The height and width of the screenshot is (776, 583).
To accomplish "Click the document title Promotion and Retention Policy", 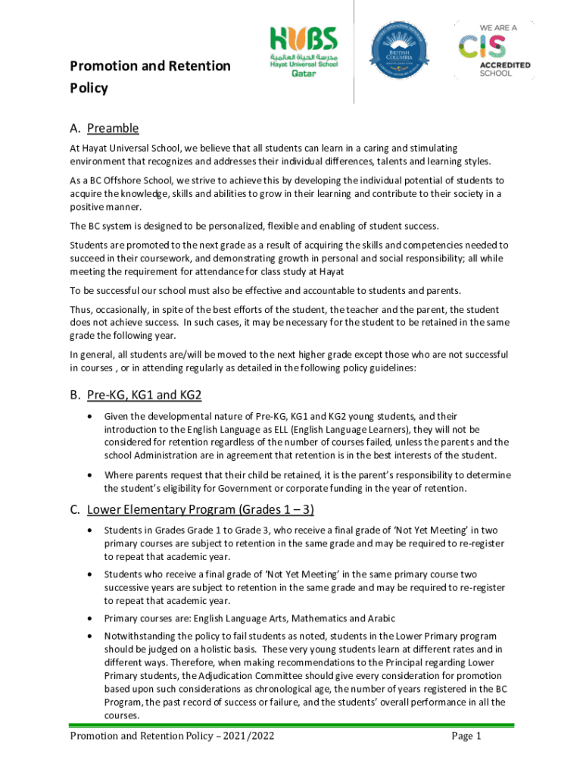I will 150,77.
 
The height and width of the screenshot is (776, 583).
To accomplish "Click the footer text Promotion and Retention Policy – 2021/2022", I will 172,736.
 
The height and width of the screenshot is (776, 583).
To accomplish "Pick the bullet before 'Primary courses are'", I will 92,618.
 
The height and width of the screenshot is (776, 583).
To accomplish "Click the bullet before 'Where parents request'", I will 92,475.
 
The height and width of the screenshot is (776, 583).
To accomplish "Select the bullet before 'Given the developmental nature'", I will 92,417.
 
